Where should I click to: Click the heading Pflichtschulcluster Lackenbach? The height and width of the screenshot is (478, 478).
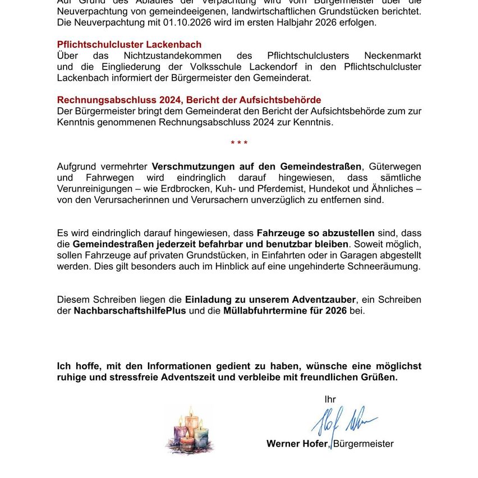tap(129, 44)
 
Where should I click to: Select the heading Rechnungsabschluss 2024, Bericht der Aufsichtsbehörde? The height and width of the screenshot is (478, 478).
tap(189, 100)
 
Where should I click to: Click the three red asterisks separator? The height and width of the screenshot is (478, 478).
tap(239, 144)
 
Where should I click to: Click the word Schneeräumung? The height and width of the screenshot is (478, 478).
tap(386, 266)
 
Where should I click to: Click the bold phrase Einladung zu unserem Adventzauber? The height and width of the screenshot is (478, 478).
tap(270, 300)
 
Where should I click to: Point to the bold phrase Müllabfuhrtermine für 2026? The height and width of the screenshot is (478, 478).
tap(285, 310)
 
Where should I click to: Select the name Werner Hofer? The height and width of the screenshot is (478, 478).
tap(297, 444)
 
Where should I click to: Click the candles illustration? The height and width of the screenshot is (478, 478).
tap(190, 431)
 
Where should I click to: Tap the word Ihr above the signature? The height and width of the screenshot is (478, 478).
tap(330, 399)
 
